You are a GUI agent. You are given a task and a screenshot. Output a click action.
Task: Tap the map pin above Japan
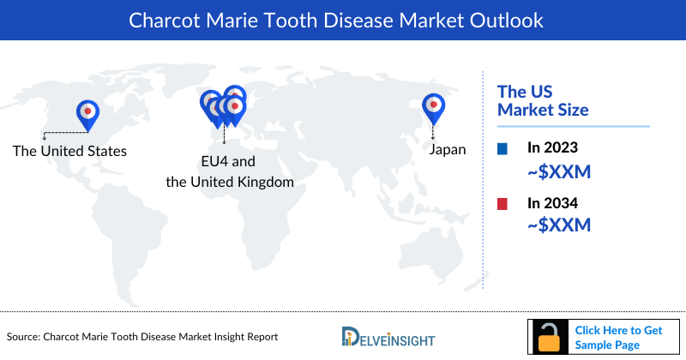coord(434,106)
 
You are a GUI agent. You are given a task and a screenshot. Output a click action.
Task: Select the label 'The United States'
coord(69,151)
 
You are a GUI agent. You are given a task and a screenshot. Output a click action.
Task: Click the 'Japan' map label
coord(448,149)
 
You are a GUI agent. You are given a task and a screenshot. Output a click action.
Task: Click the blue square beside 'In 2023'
coord(502,149)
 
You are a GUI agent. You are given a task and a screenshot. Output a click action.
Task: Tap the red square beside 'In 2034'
coord(502,204)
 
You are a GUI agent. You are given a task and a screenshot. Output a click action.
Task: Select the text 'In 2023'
coord(552,149)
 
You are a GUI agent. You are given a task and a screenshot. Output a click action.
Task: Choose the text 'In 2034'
coord(552,204)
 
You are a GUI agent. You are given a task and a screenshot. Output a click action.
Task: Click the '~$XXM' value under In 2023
coord(559,172)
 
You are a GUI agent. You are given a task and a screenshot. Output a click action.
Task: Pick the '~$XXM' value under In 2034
coord(559,225)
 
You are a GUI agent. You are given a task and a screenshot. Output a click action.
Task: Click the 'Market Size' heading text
coord(544,110)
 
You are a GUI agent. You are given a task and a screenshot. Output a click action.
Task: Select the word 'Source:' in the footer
coord(27,337)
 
